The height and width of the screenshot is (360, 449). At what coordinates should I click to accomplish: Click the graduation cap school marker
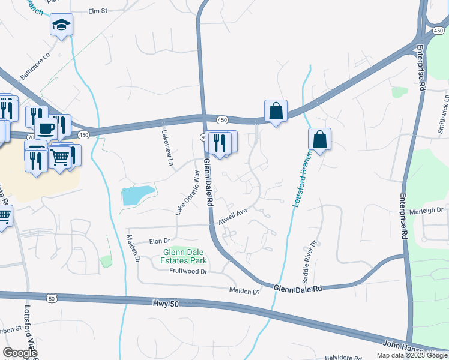[x=61, y=25]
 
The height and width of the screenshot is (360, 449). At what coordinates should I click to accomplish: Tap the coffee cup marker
[x=46, y=127]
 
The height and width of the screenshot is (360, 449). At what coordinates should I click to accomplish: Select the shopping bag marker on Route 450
[x=276, y=112]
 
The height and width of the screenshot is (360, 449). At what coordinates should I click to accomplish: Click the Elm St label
[x=97, y=11]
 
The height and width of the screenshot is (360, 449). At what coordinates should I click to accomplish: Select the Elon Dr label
[x=156, y=241]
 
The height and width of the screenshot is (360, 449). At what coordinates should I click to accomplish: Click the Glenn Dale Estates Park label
[x=184, y=256]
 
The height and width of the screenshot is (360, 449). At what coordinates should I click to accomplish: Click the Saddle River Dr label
[x=309, y=263]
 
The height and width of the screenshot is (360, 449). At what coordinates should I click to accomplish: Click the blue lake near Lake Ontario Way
[x=137, y=195]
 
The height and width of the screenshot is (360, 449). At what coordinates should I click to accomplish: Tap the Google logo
[x=20, y=353]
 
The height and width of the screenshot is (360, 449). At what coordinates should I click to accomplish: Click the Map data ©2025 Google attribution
[x=412, y=355]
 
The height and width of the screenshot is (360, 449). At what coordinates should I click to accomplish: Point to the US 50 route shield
[x=51, y=298]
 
